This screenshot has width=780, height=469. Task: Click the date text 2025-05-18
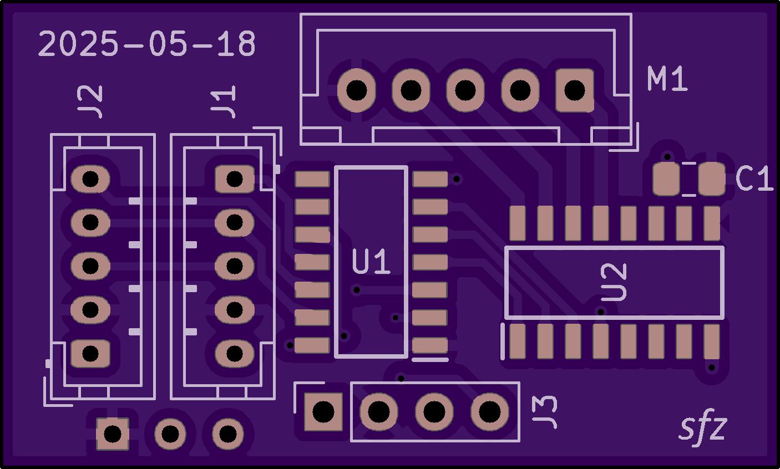pyautogui.click(x=147, y=44)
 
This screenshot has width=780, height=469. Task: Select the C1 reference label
pyautogui.click(x=754, y=179)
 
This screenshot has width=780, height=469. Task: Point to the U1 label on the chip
pyautogui.click(x=371, y=262)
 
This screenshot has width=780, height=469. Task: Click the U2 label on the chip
pyautogui.click(x=614, y=282)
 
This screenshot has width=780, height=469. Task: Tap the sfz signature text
pyautogui.click(x=703, y=428)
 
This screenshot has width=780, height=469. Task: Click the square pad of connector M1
pyautogui.click(x=575, y=90)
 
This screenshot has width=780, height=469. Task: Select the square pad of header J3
pyautogui.click(x=323, y=412)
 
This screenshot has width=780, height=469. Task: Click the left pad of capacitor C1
pyautogui.click(x=666, y=179)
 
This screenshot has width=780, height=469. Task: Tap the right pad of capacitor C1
pyautogui.click(x=711, y=179)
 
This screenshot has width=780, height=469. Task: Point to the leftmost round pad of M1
pyautogui.click(x=356, y=90)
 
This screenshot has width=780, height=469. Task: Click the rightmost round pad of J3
pyautogui.click(x=490, y=412)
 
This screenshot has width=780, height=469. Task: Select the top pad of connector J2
pyautogui.click(x=90, y=179)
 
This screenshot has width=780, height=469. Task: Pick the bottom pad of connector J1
pyautogui.click(x=234, y=353)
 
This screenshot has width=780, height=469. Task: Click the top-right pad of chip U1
pyautogui.click(x=430, y=179)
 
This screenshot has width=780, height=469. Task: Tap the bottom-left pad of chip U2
pyautogui.click(x=517, y=341)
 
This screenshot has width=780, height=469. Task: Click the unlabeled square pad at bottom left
pyautogui.click(x=113, y=434)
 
